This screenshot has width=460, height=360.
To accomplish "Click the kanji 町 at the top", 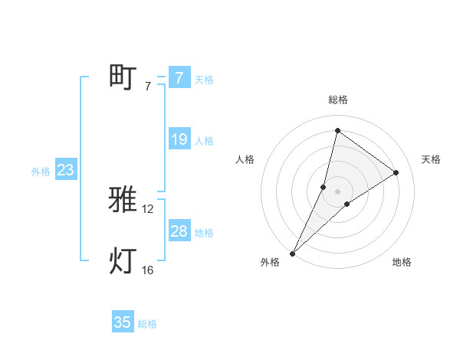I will (123, 77).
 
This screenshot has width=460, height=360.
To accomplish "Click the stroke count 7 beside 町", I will (147, 87).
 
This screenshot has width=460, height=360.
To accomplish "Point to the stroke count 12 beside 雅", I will (148, 209).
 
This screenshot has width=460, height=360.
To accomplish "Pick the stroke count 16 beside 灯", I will (148, 270).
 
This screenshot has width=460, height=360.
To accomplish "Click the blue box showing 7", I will (179, 78).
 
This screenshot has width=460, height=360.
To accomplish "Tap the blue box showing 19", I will (179, 139).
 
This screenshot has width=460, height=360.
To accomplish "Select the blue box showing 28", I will (179, 231).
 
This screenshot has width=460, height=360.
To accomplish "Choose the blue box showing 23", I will (65, 170).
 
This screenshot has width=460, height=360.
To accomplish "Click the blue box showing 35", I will (123, 322).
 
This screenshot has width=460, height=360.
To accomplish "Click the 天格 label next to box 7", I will (204, 79).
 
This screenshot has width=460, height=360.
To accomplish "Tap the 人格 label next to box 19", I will (204, 140).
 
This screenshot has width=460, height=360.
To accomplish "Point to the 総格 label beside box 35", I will (148, 323).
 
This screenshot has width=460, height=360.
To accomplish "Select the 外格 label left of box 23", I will (41, 172).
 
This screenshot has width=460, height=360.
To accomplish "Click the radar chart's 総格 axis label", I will (338, 100).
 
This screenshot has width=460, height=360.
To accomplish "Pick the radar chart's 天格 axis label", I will (431, 159).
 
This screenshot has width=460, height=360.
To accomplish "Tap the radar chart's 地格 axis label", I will (402, 263).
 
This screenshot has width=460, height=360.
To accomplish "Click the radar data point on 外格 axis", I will (293, 253).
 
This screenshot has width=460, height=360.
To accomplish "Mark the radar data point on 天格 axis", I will (396, 172).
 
